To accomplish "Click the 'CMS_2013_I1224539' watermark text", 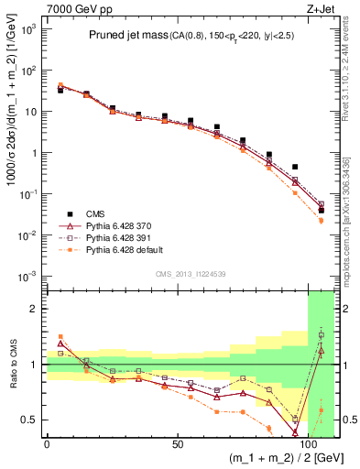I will click(191, 273).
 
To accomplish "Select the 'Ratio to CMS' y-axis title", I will click(11, 364).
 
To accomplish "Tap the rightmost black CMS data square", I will click(321, 210).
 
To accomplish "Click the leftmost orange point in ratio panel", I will click(60, 337).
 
